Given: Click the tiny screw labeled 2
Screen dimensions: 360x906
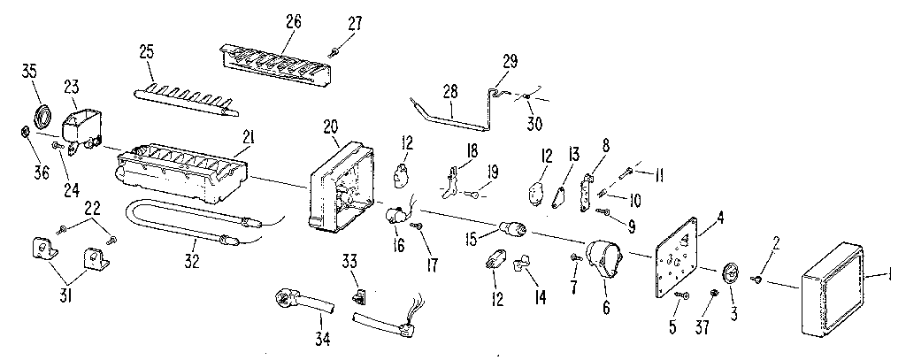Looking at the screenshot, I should click(758, 280).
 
